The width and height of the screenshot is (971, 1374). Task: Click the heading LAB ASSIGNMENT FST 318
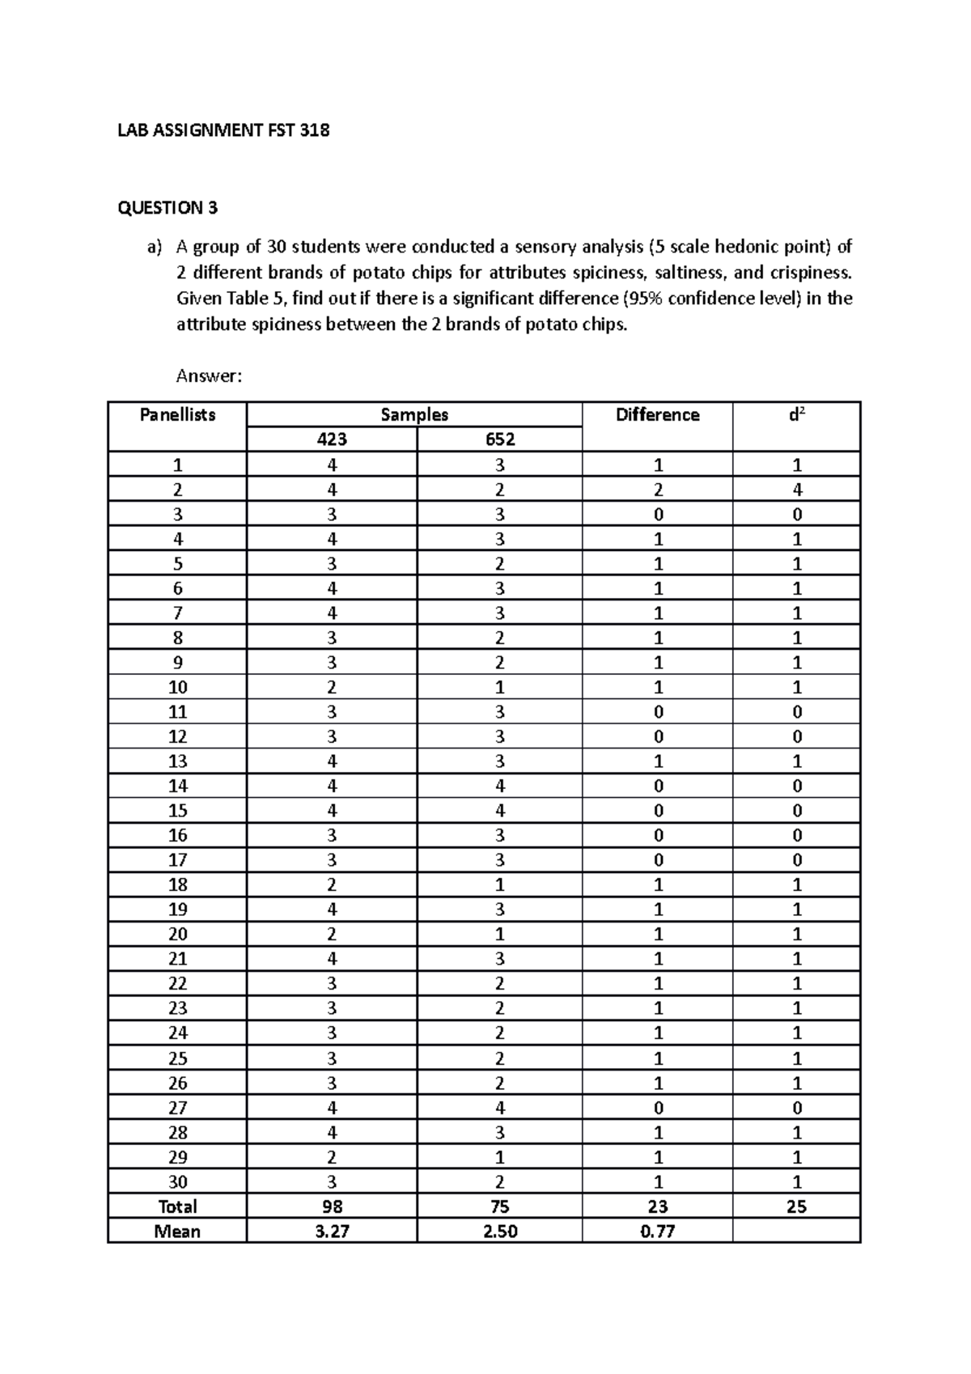click(x=223, y=130)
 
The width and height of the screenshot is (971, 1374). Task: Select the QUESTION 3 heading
click(x=167, y=208)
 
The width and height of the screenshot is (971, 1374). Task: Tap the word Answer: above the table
click(x=209, y=376)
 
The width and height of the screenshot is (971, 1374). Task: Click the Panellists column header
click(x=177, y=415)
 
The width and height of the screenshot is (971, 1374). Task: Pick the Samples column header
click(x=414, y=415)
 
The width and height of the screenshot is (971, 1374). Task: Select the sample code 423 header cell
click(x=332, y=439)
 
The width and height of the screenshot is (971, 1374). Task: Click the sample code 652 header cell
click(x=500, y=439)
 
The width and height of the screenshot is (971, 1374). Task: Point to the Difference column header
click(x=657, y=415)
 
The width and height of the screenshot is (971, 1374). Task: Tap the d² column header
click(x=796, y=415)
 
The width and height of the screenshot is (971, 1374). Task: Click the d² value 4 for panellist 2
click(x=797, y=490)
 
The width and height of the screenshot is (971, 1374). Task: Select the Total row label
click(x=177, y=1206)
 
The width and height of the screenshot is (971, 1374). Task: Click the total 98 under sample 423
click(x=332, y=1206)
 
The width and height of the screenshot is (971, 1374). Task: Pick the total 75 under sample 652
click(x=500, y=1206)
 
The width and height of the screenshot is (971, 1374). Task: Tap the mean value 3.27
click(x=332, y=1232)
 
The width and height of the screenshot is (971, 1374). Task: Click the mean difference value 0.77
click(x=657, y=1232)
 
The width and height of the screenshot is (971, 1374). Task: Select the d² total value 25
click(x=797, y=1206)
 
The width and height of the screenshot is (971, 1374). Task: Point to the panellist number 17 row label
click(x=177, y=860)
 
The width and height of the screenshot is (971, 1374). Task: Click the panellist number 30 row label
click(x=177, y=1181)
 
